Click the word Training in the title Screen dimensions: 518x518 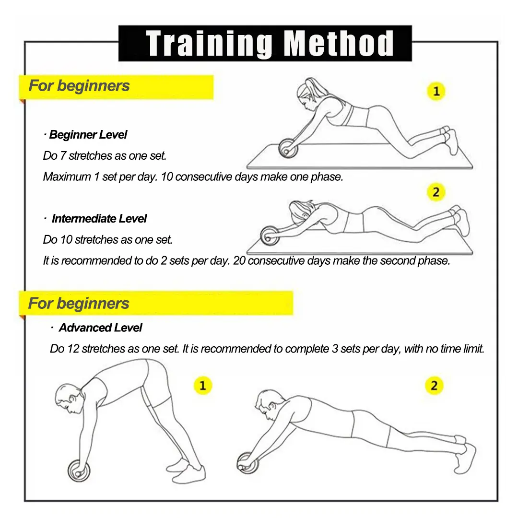pos(209,44)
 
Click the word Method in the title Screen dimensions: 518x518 pos(339,43)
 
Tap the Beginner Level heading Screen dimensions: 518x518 pos(88,135)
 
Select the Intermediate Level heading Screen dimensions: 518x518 pos(99,219)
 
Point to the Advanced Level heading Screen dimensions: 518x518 pos(100,328)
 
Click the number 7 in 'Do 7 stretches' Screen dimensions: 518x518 pos(63,155)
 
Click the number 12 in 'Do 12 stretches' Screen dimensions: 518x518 pos(73,349)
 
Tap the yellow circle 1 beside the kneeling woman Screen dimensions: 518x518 pos(436,91)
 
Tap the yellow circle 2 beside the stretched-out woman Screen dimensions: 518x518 pos(436,192)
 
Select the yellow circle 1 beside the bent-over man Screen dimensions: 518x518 pos(202,385)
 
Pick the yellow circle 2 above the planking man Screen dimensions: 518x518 pos(434,385)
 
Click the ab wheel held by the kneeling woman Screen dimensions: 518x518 pos(288,148)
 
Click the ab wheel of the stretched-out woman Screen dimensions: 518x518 pos(270,235)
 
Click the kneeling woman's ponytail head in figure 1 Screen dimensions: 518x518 pos(308,94)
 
